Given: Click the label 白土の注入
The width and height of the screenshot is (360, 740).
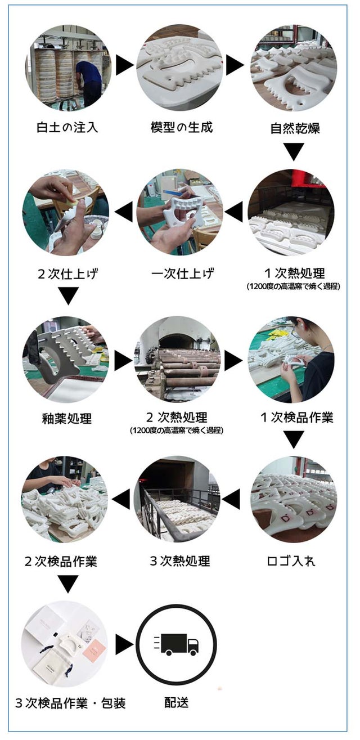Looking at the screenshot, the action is [67, 127].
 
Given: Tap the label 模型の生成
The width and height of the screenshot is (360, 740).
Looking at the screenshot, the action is [181, 127].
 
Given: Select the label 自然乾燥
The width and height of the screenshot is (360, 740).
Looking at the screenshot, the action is [295, 128].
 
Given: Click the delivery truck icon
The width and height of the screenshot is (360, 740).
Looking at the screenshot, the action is [177, 644].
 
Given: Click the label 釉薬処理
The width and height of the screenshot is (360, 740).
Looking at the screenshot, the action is [67, 419].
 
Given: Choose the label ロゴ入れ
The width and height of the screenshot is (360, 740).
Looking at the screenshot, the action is [291, 561].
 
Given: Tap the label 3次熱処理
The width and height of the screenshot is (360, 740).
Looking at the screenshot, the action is [180, 561].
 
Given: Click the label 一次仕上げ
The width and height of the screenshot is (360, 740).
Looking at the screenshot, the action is [182, 273].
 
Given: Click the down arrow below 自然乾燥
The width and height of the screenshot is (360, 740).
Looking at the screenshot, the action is [294, 151].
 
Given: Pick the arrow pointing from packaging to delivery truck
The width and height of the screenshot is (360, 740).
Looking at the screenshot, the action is [124, 645].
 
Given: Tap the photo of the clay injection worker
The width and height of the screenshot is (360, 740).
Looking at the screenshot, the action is [68, 68].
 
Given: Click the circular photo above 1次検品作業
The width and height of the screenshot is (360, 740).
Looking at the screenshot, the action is [291, 360].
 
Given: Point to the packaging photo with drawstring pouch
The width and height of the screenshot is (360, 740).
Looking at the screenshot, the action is [65, 644].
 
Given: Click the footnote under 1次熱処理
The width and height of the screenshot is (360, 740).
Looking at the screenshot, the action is [293, 286].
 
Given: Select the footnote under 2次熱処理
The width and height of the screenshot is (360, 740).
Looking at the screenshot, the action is [177, 430].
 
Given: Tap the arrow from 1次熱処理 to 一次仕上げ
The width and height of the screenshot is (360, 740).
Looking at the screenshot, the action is [234, 212].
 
